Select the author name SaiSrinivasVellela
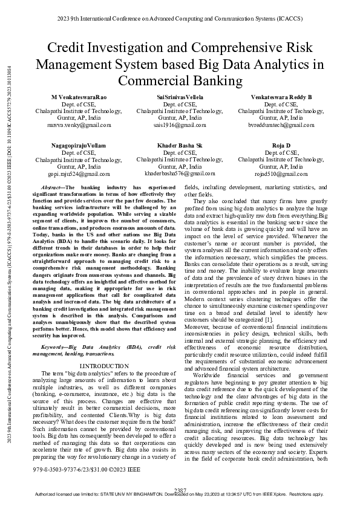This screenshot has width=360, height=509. point(180,97)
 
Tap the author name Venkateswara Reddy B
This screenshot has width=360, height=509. point(281,97)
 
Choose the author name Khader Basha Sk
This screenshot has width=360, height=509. point(180,146)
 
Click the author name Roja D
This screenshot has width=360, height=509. point(281,146)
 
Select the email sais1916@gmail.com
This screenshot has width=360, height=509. point(180,125)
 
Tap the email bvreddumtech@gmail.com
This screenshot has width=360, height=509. point(281,125)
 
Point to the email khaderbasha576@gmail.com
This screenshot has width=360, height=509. point(180,173)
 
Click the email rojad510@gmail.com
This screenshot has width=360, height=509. point(281,173)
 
